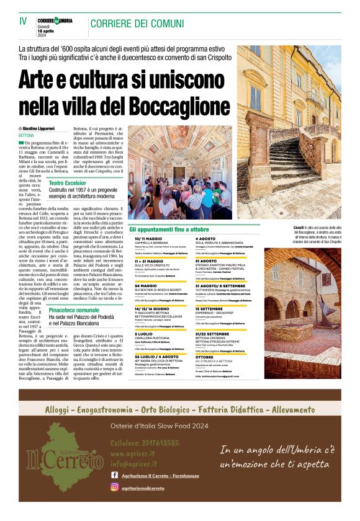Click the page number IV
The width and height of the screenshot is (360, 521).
tap(23, 21)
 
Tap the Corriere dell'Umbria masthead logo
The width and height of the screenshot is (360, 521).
tap(55, 20)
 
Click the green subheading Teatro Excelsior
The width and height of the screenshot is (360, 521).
tap(67, 183)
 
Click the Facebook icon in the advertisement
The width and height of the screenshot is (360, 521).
tap(115, 475)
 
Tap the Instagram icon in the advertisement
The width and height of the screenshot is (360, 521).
tap(115, 487)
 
